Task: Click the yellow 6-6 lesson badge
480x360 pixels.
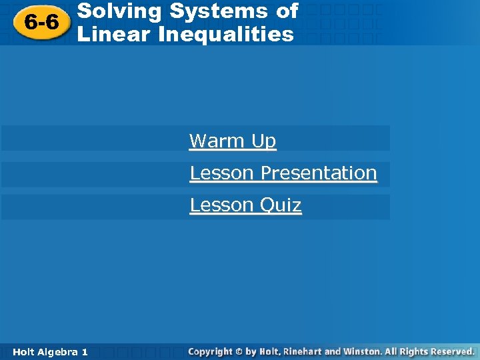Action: click(x=41, y=23)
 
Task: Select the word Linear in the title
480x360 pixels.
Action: click(x=114, y=34)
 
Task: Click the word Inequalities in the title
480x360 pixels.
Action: click(x=226, y=34)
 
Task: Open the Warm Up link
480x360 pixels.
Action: click(x=232, y=141)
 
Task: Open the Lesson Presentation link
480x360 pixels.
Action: click(x=283, y=173)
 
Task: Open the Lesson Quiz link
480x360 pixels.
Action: click(x=245, y=205)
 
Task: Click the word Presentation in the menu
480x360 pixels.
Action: click(x=319, y=173)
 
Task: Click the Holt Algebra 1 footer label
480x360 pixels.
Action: click(x=49, y=351)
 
